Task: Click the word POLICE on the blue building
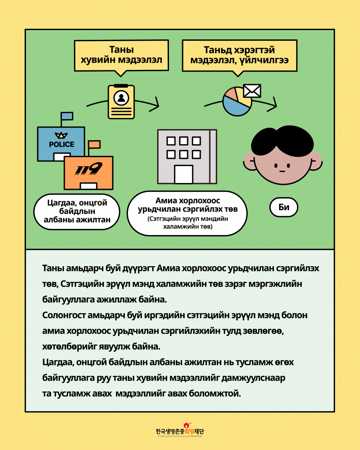coord(61,144)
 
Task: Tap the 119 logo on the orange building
coord(89,169)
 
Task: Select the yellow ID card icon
coord(121,102)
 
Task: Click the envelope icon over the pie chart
coord(252,91)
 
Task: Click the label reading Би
coord(284,208)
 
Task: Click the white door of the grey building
coord(183,174)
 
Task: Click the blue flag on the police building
coord(67,116)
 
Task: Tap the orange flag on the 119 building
coord(94,144)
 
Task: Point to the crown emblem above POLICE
coord(61,136)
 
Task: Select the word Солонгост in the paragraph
coord(63,316)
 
